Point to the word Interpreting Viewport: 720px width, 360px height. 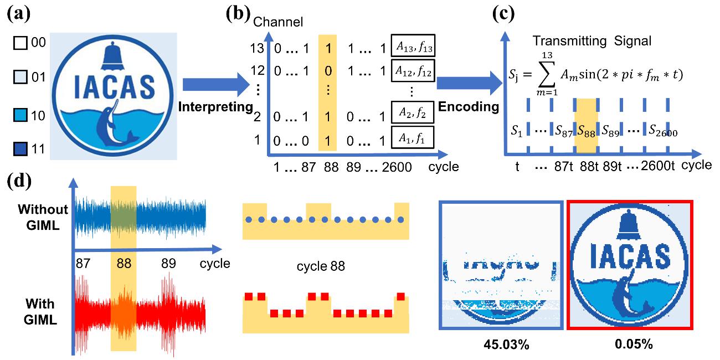click(x=214, y=106)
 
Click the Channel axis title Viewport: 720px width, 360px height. click(x=283, y=22)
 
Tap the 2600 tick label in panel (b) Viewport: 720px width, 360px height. click(x=394, y=166)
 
